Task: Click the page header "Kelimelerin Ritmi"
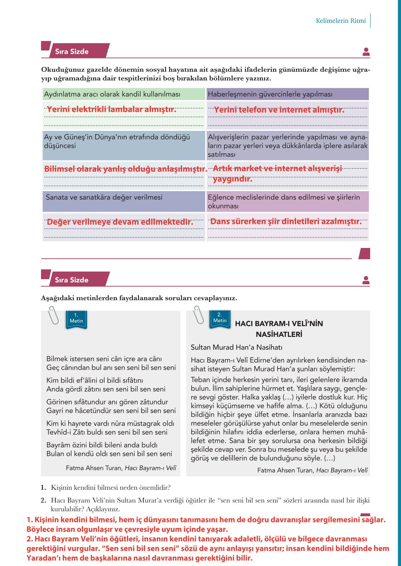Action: [x=340, y=21]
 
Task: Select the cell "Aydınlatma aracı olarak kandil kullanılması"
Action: [x=112, y=94]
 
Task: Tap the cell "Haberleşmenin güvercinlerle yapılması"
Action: [x=270, y=94]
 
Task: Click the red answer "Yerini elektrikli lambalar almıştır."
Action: [x=111, y=109]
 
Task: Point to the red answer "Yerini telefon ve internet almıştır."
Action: [x=279, y=110]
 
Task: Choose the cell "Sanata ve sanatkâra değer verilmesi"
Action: [x=104, y=198]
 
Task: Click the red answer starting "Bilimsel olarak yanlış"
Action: [x=126, y=169]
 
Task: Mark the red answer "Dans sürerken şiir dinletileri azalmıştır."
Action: [x=286, y=221]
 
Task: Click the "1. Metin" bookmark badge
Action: [x=76, y=319]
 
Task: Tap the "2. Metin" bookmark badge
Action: [x=220, y=318]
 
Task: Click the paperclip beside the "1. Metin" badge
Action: [x=54, y=315]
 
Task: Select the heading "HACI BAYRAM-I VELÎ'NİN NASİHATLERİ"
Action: [x=279, y=329]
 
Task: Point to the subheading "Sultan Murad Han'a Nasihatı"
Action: [x=237, y=347]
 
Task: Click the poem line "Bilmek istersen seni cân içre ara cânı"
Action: [x=104, y=359]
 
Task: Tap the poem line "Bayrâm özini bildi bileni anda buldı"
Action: [x=102, y=445]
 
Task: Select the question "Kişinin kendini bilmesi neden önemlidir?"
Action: [x=111, y=488]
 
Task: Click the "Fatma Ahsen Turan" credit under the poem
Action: [x=94, y=468]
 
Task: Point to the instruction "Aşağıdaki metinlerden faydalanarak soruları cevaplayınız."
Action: [x=139, y=298]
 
